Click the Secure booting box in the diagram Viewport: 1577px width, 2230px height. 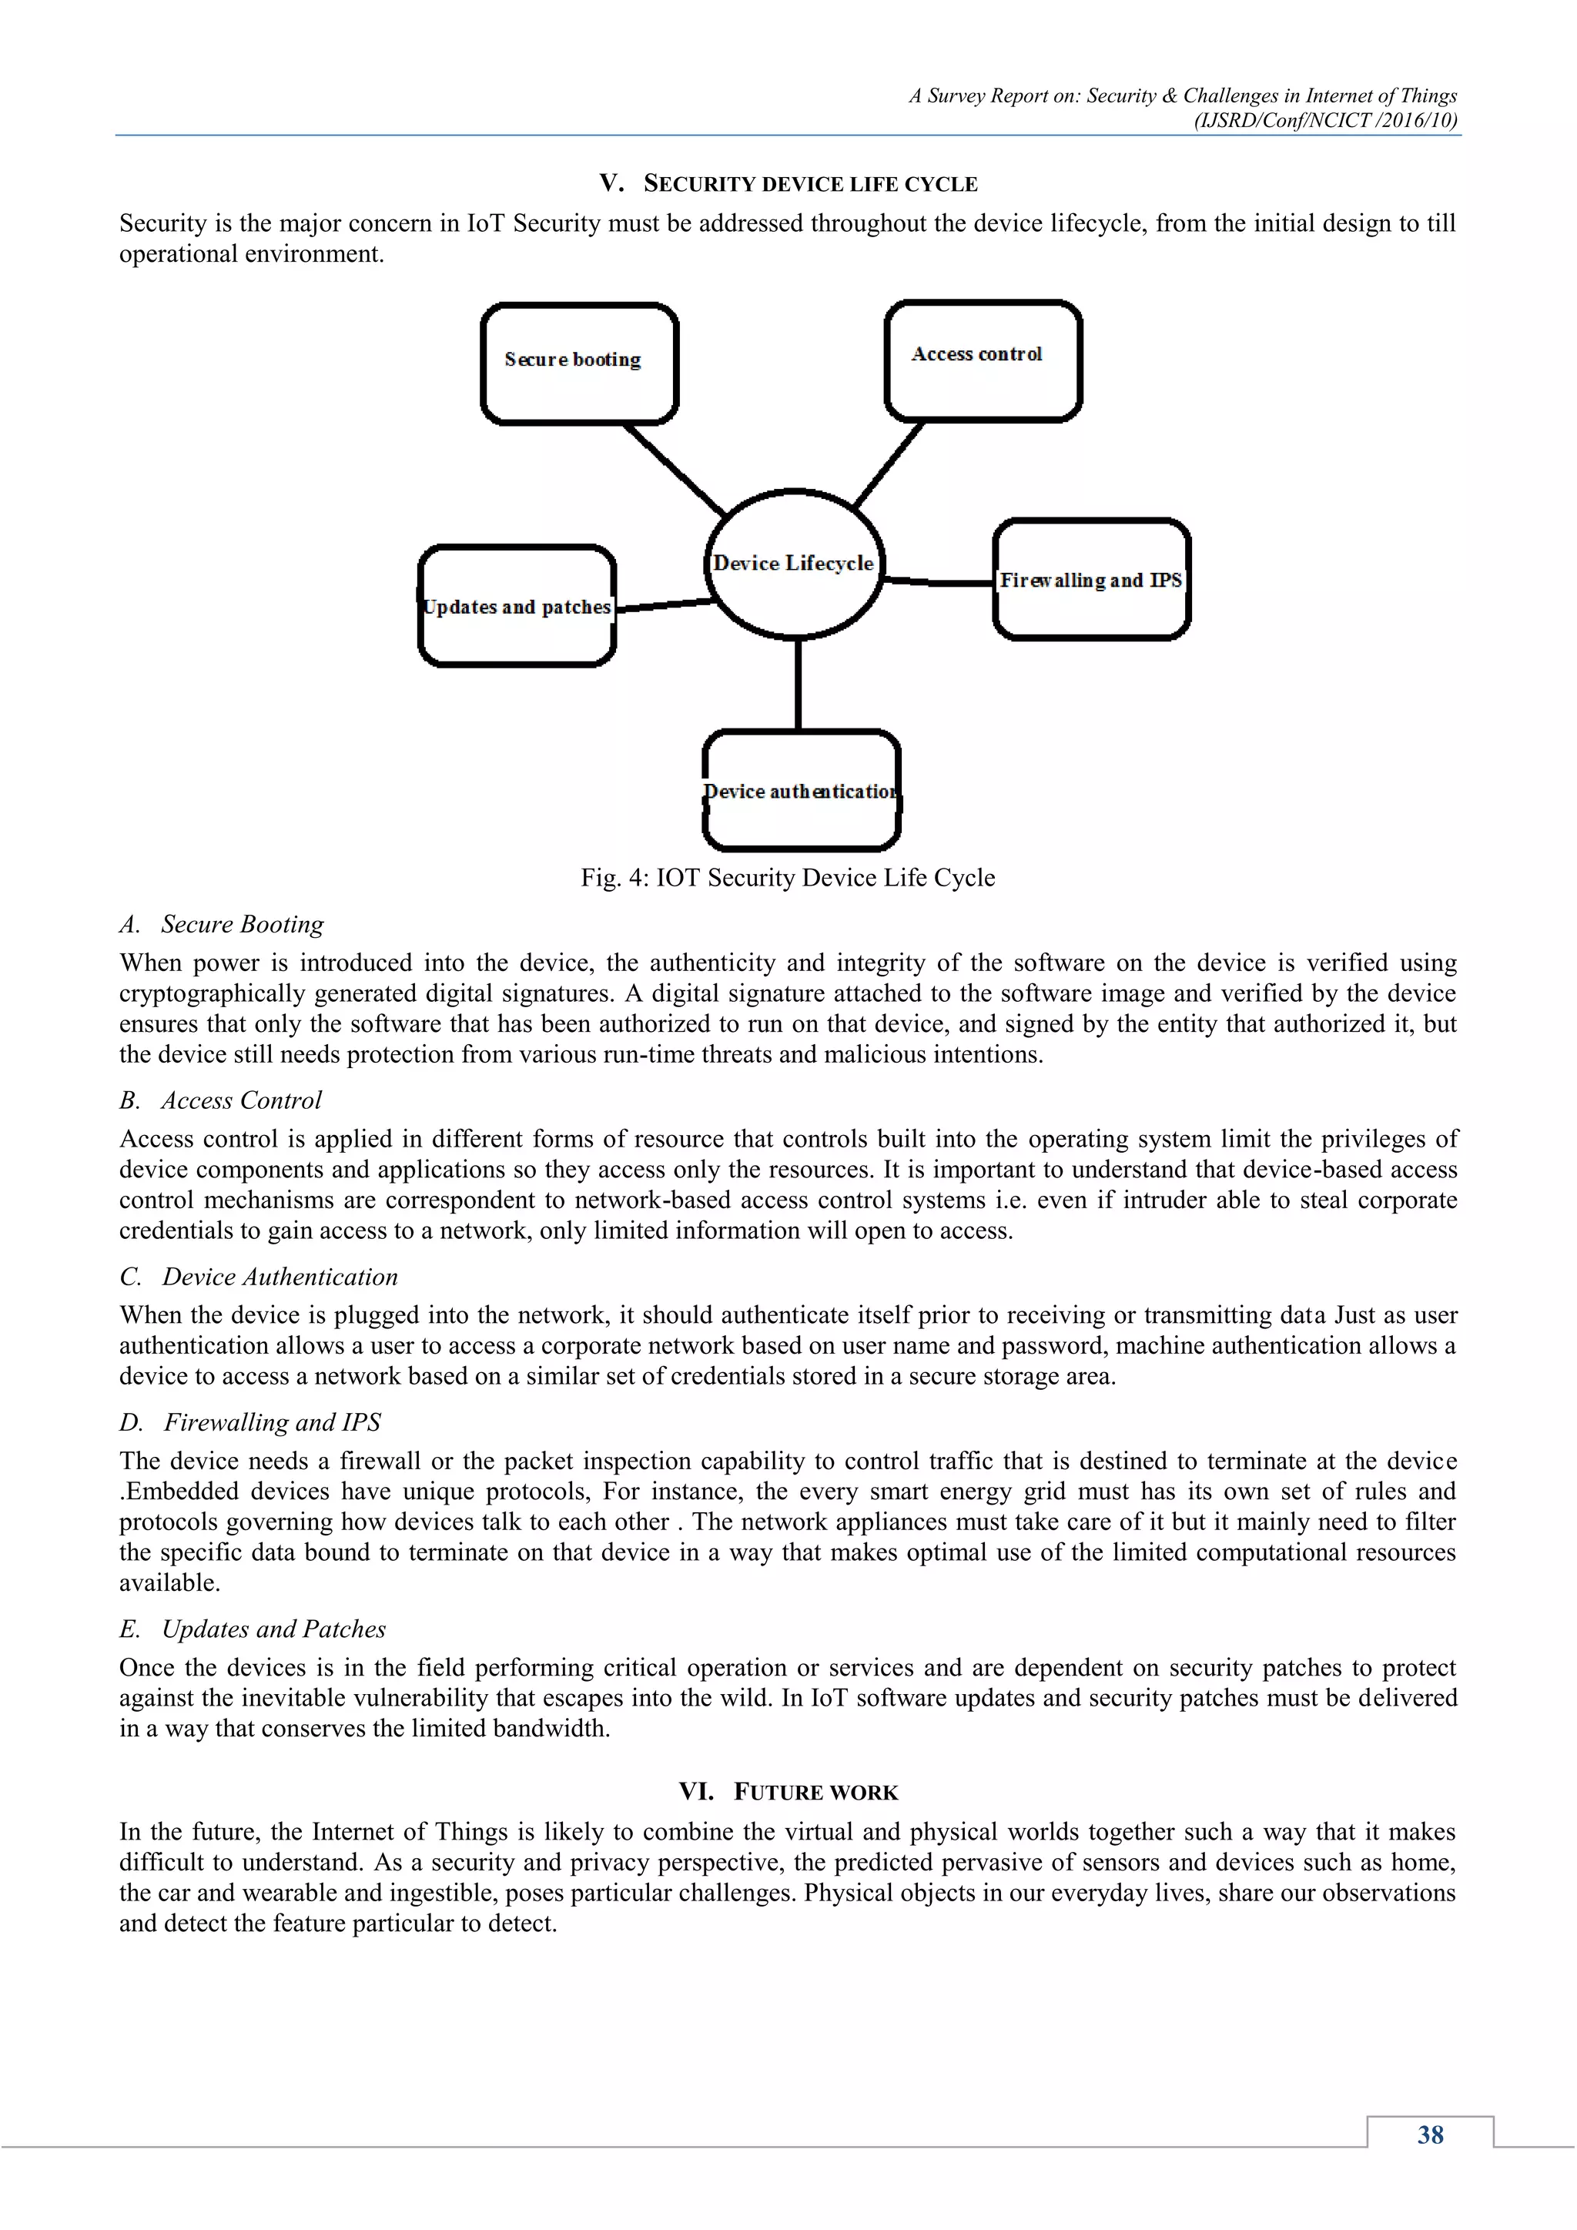[x=579, y=364]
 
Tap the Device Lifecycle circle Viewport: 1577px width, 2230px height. [x=795, y=564]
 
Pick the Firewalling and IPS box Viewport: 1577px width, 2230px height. [x=1091, y=580]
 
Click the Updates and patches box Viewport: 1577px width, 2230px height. [x=517, y=607]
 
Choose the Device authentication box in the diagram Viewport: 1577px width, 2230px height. [x=801, y=791]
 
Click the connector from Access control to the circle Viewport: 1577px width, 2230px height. [x=889, y=464]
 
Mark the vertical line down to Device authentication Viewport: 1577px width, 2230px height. [x=799, y=684]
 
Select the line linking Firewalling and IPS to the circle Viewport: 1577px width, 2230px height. [x=938, y=582]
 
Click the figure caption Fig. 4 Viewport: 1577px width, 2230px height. [x=788, y=878]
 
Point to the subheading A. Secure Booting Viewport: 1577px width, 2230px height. [x=223, y=925]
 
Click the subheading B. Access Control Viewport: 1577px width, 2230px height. [x=222, y=1100]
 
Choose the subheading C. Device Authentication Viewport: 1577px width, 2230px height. [x=259, y=1277]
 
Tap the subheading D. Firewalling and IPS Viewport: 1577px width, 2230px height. [x=250, y=1423]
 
